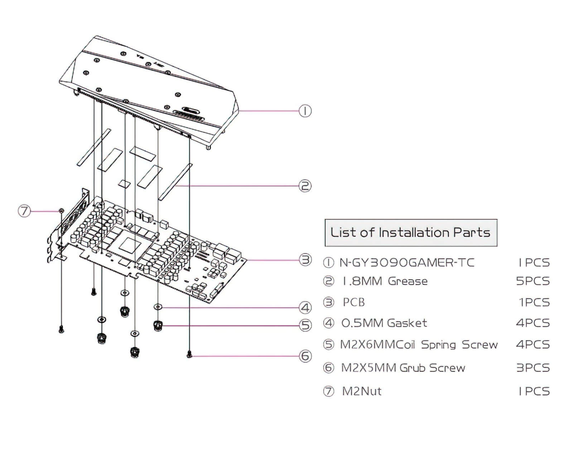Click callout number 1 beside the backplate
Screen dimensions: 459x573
tap(305, 111)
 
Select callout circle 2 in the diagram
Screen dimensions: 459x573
tap(305, 186)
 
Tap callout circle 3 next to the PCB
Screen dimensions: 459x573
tap(305, 260)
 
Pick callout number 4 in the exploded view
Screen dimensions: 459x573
tap(305, 307)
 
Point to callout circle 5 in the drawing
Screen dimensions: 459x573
tap(305, 325)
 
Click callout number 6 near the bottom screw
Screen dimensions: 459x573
tap(305, 356)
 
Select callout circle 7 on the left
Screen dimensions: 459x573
tap(24, 211)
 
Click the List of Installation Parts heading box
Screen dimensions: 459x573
tap(410, 232)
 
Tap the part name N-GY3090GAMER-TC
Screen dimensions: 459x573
tap(407, 263)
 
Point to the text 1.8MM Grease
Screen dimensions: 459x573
tap(385, 281)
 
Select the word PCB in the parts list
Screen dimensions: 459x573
tap(354, 302)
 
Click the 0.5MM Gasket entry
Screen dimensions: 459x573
tap(384, 323)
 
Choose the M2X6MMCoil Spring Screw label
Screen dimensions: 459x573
tap(419, 345)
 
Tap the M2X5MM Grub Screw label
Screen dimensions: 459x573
tap(403, 368)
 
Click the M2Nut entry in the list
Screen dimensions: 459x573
tap(362, 391)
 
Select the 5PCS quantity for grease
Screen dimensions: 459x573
tap(533, 281)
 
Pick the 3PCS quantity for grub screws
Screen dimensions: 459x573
tap(533, 368)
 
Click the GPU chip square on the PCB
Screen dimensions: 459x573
tap(130, 245)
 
